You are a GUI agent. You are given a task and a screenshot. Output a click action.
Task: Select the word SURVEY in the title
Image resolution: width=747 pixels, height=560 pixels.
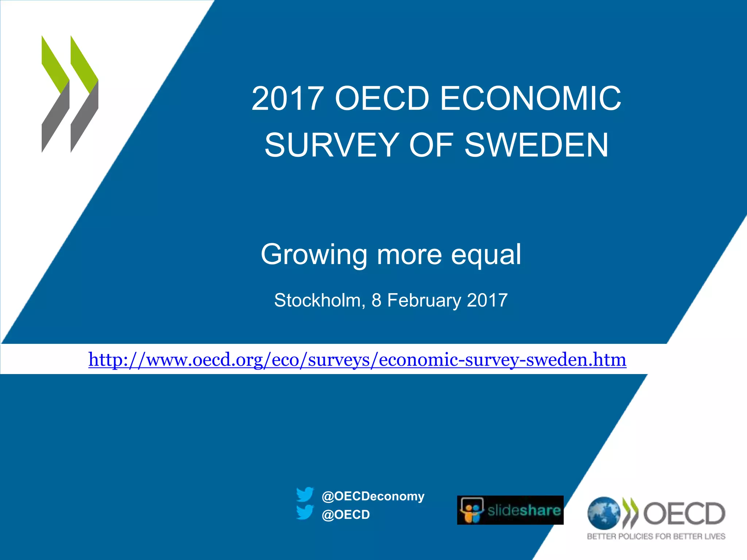coord(331,145)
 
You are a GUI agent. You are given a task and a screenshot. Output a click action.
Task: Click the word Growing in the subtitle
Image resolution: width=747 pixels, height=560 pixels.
coord(314,255)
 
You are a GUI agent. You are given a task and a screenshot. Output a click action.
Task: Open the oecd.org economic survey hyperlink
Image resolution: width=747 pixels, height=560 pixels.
coord(357,360)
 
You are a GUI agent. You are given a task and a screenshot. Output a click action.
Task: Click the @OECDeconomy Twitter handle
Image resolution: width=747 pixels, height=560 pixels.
coord(373,496)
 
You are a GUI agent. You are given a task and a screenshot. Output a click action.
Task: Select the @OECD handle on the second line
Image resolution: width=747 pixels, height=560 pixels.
coord(345,514)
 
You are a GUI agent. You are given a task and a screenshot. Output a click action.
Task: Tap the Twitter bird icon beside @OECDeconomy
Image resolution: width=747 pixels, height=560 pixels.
coord(305,495)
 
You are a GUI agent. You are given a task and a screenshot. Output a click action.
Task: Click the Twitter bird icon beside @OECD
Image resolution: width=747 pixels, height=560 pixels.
coord(305,512)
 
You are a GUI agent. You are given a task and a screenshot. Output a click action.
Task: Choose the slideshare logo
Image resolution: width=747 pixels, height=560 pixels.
coord(510,510)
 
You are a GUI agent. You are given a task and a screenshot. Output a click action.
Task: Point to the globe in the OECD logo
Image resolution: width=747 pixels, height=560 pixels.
coord(603,513)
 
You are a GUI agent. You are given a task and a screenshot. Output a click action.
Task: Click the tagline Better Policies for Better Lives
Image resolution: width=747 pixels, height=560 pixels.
coord(656,536)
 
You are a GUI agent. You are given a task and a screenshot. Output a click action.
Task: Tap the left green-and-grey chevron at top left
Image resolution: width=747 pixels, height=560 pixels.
coord(55,94)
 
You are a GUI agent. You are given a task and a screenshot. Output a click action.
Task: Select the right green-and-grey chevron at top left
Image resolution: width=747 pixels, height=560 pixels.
coord(84,94)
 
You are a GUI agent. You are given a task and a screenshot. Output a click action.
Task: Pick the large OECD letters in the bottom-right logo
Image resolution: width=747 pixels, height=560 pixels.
coord(684,513)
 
